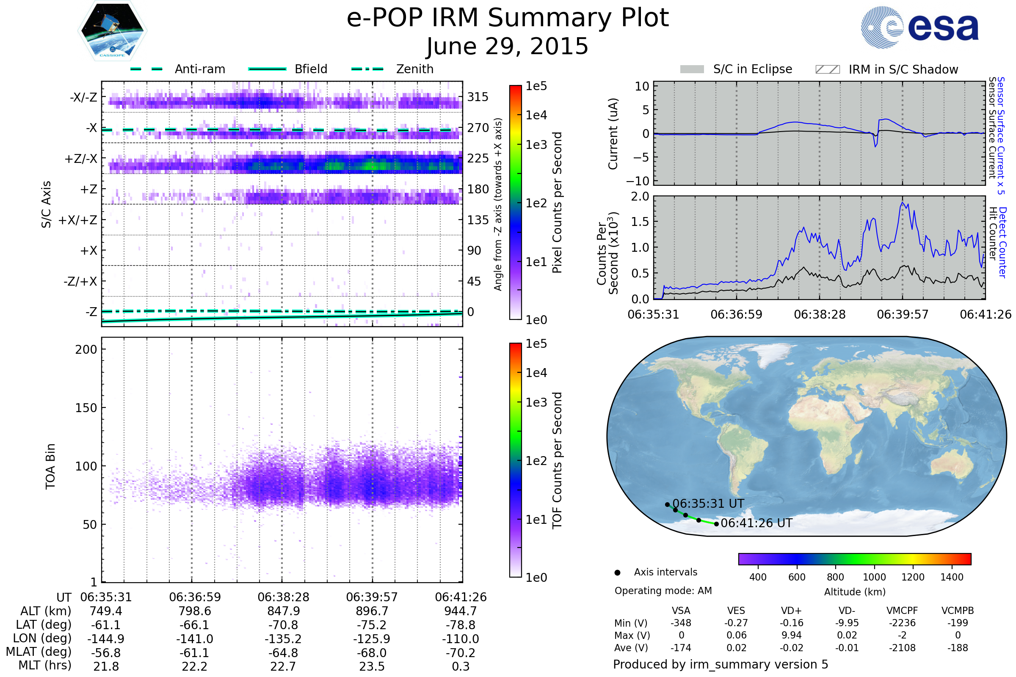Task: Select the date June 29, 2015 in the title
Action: [507, 46]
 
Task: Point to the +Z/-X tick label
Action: [81, 159]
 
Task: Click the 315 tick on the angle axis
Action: [478, 97]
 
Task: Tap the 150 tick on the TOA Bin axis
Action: [86, 408]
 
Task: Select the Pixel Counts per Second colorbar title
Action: [557, 203]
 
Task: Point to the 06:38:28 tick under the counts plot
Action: [820, 314]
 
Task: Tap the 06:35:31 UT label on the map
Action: [708, 504]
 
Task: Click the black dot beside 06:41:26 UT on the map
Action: [716, 524]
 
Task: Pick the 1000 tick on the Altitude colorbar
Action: [874, 577]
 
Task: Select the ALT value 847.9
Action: [283, 611]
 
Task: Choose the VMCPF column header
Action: [902, 611]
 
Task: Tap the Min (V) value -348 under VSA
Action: [681, 623]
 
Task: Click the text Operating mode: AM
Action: [663, 591]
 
